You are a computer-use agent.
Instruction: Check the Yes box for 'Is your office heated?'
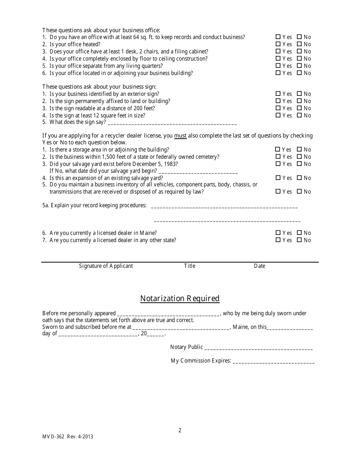point(278,44)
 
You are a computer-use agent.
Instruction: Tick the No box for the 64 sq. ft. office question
point(299,37)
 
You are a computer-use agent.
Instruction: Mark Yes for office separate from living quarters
point(278,66)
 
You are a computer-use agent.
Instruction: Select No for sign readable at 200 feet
point(299,108)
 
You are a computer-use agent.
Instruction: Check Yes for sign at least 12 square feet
point(278,115)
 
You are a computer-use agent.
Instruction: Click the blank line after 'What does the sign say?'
point(172,123)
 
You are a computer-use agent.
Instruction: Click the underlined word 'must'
point(180,136)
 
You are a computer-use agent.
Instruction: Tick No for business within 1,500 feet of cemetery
point(299,157)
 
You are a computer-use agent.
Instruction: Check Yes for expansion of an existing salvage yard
point(278,178)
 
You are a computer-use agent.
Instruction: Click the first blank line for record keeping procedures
point(224,207)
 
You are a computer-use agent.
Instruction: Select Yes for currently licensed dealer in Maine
point(278,233)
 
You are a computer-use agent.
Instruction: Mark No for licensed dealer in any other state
point(299,240)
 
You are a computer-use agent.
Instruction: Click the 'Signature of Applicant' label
point(106,266)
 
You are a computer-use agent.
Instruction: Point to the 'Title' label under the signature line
point(189,266)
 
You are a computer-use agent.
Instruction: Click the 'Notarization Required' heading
point(180,299)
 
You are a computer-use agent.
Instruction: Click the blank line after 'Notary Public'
point(258,348)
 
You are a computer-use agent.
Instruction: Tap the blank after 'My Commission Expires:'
point(273,362)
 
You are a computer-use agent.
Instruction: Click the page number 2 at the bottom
point(180,430)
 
